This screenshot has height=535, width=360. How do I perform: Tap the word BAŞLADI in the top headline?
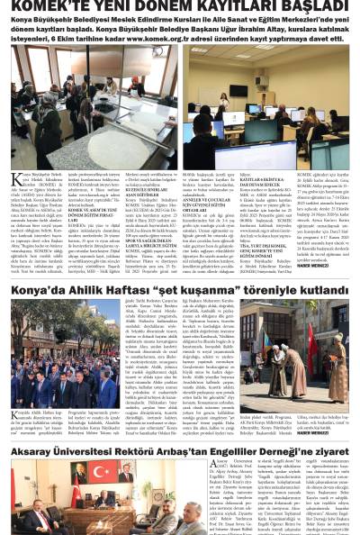pos(312,8)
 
